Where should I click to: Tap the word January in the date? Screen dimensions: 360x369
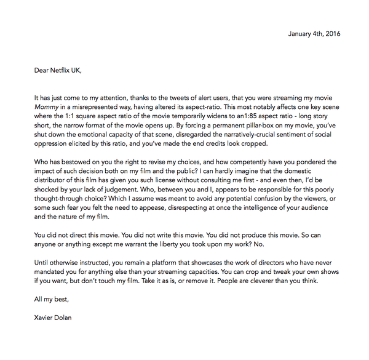click(x=301, y=33)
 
